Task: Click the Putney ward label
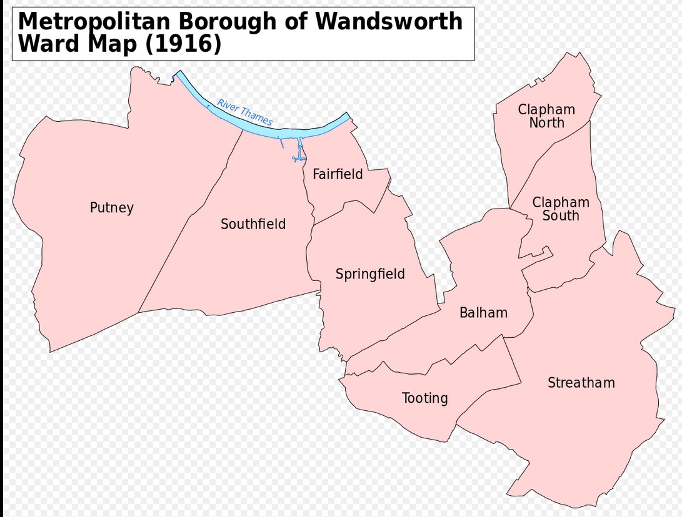tap(112, 208)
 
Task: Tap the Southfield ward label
tap(253, 224)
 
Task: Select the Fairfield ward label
tap(338, 174)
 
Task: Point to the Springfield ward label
tap(370, 274)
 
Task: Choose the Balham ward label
tap(483, 313)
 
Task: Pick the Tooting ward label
tap(425, 398)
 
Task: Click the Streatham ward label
tap(581, 383)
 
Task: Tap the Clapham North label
tap(546, 116)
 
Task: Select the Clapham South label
tap(561, 209)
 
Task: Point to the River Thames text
tap(245, 112)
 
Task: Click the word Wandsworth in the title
tap(389, 22)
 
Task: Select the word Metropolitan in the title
tap(94, 22)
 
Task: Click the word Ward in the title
tap(44, 44)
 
